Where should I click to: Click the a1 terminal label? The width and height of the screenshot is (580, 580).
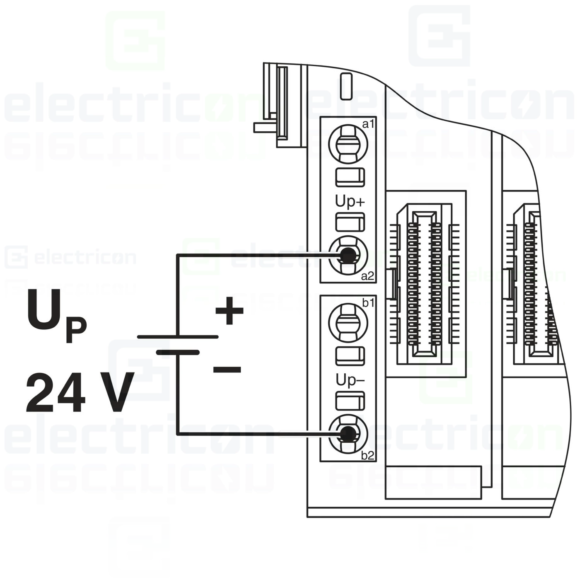coord(368,124)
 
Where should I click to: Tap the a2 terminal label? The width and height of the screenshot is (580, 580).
coord(367,276)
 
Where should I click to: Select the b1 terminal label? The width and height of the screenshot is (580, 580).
coord(368,303)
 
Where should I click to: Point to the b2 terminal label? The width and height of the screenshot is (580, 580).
coord(367,455)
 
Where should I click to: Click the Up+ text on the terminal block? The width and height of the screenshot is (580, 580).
coord(350,202)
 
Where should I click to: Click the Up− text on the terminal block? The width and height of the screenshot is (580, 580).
coord(350,380)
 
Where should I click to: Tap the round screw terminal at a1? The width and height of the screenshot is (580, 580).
coord(348,144)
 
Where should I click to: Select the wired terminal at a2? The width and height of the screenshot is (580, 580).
coord(348,255)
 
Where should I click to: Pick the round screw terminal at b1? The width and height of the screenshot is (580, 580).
coord(348,323)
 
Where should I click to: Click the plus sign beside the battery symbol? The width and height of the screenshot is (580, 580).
coord(229,310)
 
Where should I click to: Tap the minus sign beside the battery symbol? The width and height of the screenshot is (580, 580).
coord(227,370)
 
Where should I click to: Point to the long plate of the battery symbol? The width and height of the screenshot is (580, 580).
coord(178,337)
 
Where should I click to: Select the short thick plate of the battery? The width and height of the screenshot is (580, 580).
coord(178,353)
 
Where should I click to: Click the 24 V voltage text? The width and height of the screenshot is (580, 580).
coord(80,392)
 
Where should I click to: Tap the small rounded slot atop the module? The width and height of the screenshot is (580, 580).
coord(346,86)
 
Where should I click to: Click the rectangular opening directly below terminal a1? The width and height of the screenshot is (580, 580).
coord(350,177)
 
